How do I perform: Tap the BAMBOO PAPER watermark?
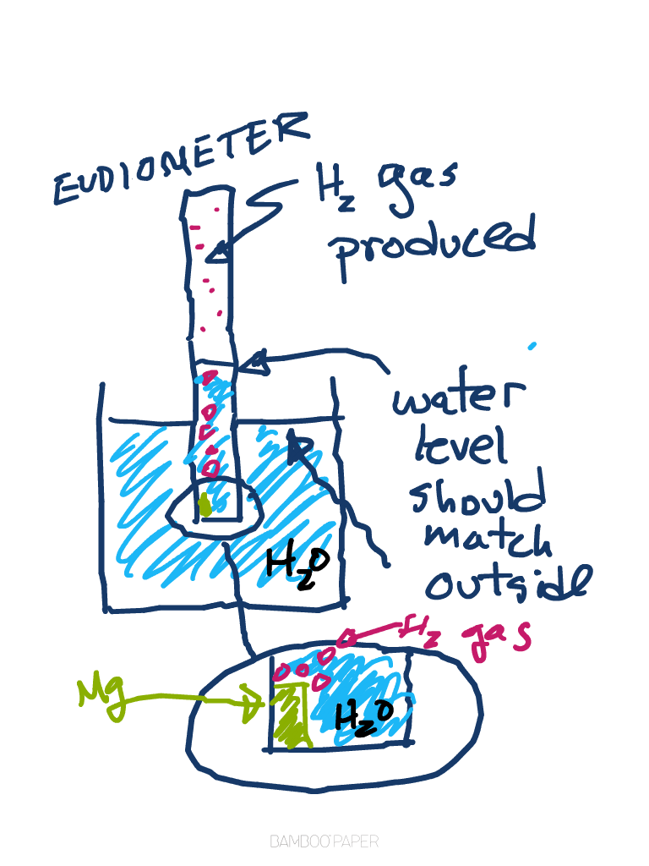point(324,841)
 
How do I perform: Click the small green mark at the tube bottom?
point(205,506)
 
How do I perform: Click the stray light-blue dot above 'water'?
point(532,345)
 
